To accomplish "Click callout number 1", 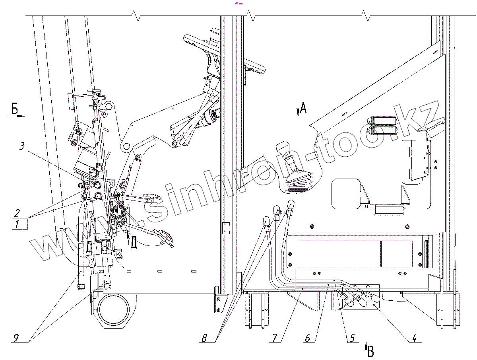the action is (17, 224).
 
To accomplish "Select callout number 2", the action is (17, 213).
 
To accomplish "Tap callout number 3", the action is (22, 146).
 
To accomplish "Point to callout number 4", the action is (414, 338).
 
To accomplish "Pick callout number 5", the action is (352, 338).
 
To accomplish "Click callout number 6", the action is (307, 338).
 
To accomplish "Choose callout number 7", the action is (275, 338).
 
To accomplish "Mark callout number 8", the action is (204, 338).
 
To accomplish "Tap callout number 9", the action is (16, 338).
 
